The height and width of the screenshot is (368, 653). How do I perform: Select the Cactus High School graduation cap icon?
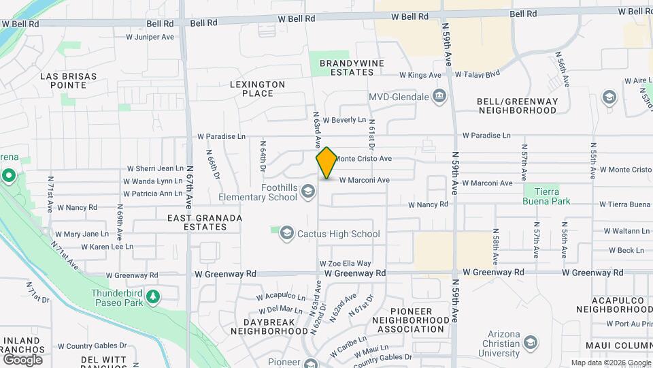pos(286,234)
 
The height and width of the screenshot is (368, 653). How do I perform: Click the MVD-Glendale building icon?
pos(440,96)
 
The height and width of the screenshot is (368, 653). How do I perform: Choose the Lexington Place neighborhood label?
pos(256,89)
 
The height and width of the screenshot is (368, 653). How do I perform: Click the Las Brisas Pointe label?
pos(68,80)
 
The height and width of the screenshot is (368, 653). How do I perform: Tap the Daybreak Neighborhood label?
pos(269,326)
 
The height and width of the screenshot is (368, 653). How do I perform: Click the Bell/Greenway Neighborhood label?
pos(517,106)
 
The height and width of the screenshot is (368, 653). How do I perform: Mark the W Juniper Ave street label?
pos(150,37)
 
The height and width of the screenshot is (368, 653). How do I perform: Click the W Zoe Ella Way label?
pos(346,263)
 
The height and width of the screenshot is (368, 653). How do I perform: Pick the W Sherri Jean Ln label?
pos(154,168)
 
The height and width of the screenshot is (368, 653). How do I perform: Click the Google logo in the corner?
pos(22,359)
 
